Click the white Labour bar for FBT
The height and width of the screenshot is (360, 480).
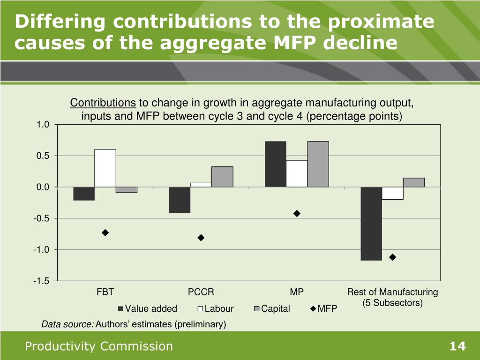pyautogui.click(x=105, y=168)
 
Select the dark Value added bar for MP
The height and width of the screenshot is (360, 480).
pyautogui.click(x=275, y=164)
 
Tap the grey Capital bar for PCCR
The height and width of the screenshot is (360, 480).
pyautogui.click(x=222, y=177)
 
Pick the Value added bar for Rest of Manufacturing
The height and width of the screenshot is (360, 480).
pyautogui.click(x=371, y=224)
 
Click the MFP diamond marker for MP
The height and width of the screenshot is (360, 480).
pyautogui.click(x=297, y=213)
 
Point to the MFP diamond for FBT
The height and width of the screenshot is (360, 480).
pyautogui.click(x=105, y=232)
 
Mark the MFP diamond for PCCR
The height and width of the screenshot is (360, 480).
pyautogui.click(x=201, y=238)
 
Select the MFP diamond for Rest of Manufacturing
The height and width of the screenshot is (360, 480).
pyautogui.click(x=393, y=257)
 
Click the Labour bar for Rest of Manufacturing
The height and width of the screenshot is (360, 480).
pyautogui.click(x=393, y=193)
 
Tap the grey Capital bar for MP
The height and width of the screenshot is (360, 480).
pyautogui.click(x=318, y=164)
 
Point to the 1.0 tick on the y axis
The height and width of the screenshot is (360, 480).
pyautogui.click(x=43, y=124)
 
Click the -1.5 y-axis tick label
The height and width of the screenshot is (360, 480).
pyautogui.click(x=42, y=281)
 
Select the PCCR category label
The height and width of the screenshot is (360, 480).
pyautogui.click(x=201, y=292)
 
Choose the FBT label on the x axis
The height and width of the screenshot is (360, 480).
pyautogui.click(x=105, y=292)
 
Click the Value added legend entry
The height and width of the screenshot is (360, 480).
pyautogui.click(x=147, y=308)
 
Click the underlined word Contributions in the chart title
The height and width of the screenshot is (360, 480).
pyautogui.click(x=103, y=103)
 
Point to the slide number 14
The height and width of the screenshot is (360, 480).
pyautogui.click(x=457, y=346)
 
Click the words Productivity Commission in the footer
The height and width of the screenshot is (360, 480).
pyautogui.click(x=99, y=346)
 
